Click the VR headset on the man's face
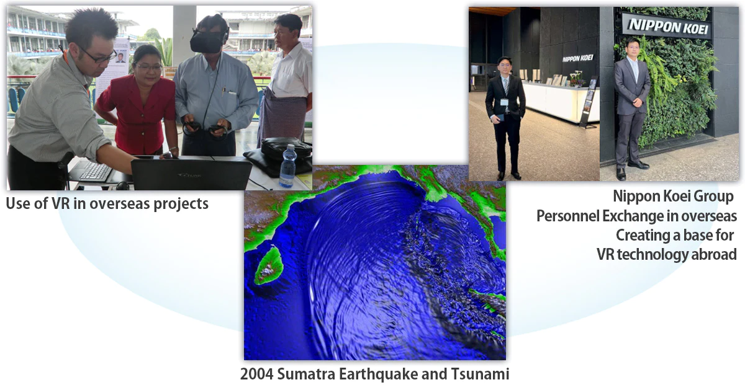207,41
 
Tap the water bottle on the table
288,166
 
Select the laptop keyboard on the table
96,171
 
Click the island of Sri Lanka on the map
269,265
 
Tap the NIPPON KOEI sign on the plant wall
668,26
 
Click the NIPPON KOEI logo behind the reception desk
578,58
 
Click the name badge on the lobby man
504,102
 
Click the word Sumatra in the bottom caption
306,374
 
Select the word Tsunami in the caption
480,374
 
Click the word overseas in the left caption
120,203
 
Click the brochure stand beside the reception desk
589,102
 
